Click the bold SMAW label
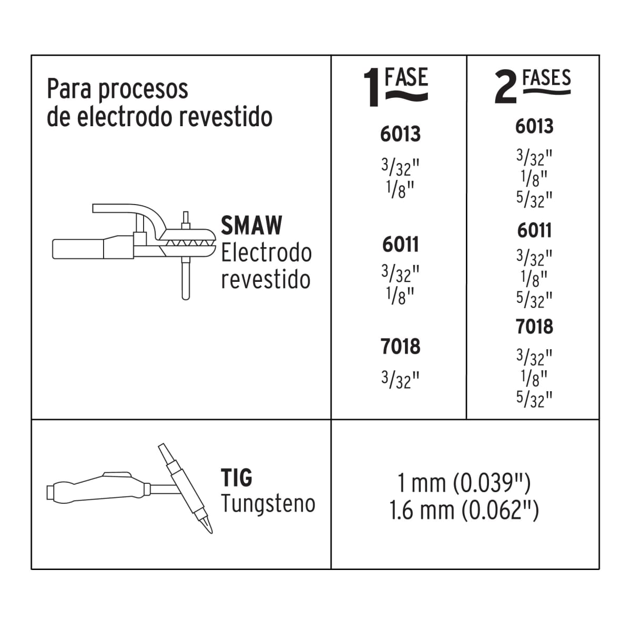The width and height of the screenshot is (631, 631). (x=251, y=226)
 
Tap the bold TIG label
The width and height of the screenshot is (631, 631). (x=236, y=478)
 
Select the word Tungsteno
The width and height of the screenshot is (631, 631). (x=268, y=504)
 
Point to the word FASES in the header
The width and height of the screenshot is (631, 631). (x=546, y=78)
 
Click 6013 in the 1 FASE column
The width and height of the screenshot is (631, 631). (x=401, y=135)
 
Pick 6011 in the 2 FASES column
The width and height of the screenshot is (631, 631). (x=534, y=230)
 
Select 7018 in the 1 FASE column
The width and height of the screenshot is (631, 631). (x=401, y=347)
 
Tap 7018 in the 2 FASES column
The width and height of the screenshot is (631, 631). (x=534, y=327)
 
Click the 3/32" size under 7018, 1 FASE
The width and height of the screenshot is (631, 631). (x=401, y=379)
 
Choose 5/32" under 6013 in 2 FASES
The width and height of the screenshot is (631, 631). (x=534, y=199)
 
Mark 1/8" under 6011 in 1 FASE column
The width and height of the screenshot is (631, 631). (x=401, y=296)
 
